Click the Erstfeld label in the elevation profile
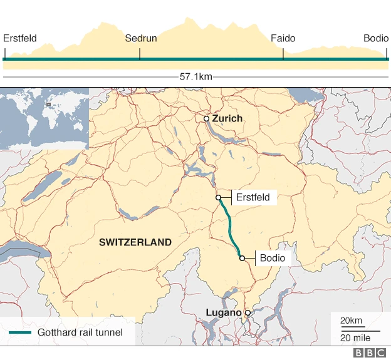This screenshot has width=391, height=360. pyautogui.click(x=20, y=38)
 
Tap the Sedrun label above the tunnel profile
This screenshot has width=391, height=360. pyautogui.click(x=141, y=38)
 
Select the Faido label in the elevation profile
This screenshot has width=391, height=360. pyautogui.click(x=283, y=38)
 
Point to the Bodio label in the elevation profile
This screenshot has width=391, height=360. pyautogui.click(x=376, y=38)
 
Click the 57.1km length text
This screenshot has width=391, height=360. pyautogui.click(x=195, y=77)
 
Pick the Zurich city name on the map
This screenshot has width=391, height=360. pyautogui.click(x=227, y=118)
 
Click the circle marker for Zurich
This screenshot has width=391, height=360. pyautogui.click(x=206, y=118)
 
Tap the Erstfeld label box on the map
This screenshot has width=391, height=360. pyautogui.click(x=253, y=197)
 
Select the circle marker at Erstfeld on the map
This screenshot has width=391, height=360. pyautogui.click(x=219, y=197)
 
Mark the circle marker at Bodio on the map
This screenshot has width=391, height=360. pyautogui.click(x=242, y=257)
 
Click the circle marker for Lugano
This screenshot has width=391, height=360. pyautogui.click(x=248, y=312)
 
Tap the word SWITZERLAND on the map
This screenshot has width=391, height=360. pyautogui.click(x=135, y=242)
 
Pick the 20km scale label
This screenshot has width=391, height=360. pyautogui.click(x=351, y=321)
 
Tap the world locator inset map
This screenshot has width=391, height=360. pyautogui.click(x=44, y=118)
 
